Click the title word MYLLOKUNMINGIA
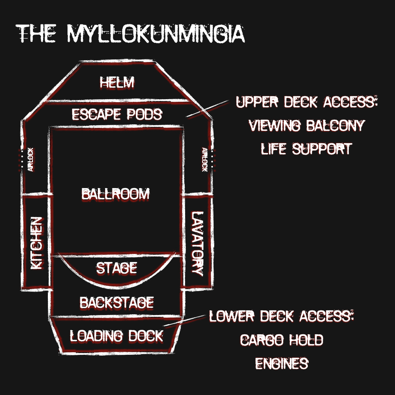click(x=156, y=33)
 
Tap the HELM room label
click(x=117, y=82)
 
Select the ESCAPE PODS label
click(x=117, y=115)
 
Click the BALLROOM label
click(x=115, y=194)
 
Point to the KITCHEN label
click(x=37, y=243)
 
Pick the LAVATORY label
click(x=197, y=243)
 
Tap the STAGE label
click(x=116, y=268)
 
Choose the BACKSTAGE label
click(x=116, y=303)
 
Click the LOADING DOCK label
click(x=116, y=336)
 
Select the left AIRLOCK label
click(x=30, y=159)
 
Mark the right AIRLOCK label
click(x=205, y=159)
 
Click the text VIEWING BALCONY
click(x=306, y=126)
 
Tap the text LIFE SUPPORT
click(x=306, y=149)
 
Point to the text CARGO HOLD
click(x=281, y=340)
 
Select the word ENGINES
click(x=281, y=363)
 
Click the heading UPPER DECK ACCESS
click(x=307, y=102)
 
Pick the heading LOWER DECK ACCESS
click(x=282, y=317)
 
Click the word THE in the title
click(x=36, y=33)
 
